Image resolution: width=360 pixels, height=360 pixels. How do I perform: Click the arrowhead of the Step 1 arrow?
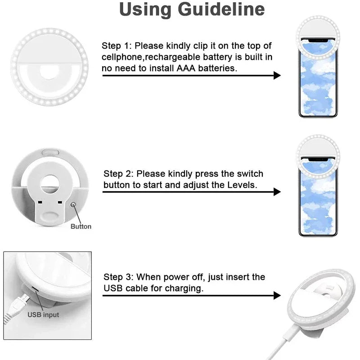[277, 75]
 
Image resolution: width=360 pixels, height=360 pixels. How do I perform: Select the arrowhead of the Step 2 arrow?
[277, 192]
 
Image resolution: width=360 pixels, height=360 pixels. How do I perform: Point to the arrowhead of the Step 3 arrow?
[277, 296]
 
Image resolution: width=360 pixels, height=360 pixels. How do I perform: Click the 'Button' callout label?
[81, 226]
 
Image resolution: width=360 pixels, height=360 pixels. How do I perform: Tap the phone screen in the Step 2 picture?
[318, 202]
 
